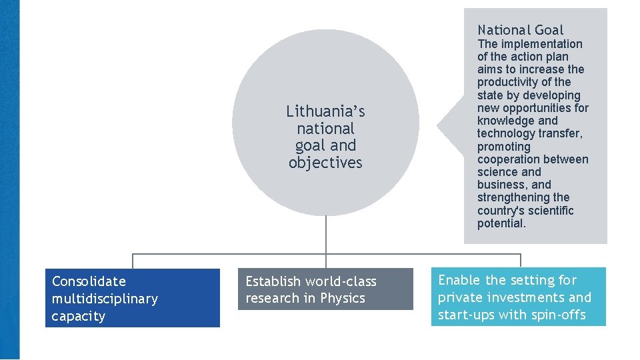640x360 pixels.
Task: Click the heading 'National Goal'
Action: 520,30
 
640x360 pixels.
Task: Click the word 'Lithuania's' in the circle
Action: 325,111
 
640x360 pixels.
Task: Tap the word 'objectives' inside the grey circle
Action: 325,163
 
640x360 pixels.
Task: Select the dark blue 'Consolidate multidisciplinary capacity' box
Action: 133,298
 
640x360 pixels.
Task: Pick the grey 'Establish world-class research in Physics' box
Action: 325,289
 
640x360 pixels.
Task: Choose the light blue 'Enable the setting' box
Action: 519,297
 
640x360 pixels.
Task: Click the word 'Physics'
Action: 343,298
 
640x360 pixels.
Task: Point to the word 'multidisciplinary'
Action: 105,299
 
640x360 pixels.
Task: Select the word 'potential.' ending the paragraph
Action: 501,223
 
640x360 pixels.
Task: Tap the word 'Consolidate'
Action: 89,281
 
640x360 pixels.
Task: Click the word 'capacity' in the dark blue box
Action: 79,316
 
